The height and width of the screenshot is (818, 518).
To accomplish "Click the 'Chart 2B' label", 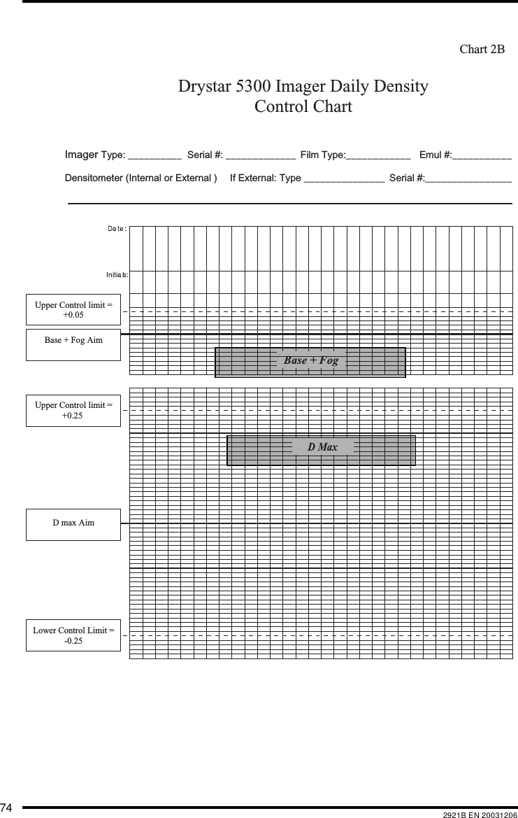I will [x=482, y=50].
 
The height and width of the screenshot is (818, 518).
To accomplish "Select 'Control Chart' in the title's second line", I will [x=303, y=107].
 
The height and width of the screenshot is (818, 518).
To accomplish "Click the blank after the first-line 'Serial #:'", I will [x=260, y=155].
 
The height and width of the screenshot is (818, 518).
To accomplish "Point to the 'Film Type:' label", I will [x=322, y=155].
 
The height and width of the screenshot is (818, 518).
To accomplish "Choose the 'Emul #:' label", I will [x=435, y=155].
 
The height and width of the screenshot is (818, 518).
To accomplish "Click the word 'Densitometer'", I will [x=94, y=178].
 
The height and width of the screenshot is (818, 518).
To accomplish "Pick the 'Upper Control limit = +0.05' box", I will [x=73, y=310].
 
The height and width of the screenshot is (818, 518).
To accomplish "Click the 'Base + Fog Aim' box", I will [x=73, y=341].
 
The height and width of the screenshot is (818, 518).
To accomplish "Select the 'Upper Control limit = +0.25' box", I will [x=73, y=410].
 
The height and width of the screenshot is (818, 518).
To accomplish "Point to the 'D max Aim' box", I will [x=73, y=523].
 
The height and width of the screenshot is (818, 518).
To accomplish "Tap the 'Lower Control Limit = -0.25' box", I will [x=73, y=635].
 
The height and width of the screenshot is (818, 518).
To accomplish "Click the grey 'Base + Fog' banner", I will [x=310, y=361].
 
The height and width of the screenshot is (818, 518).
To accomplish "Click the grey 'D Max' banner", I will [x=322, y=447].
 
